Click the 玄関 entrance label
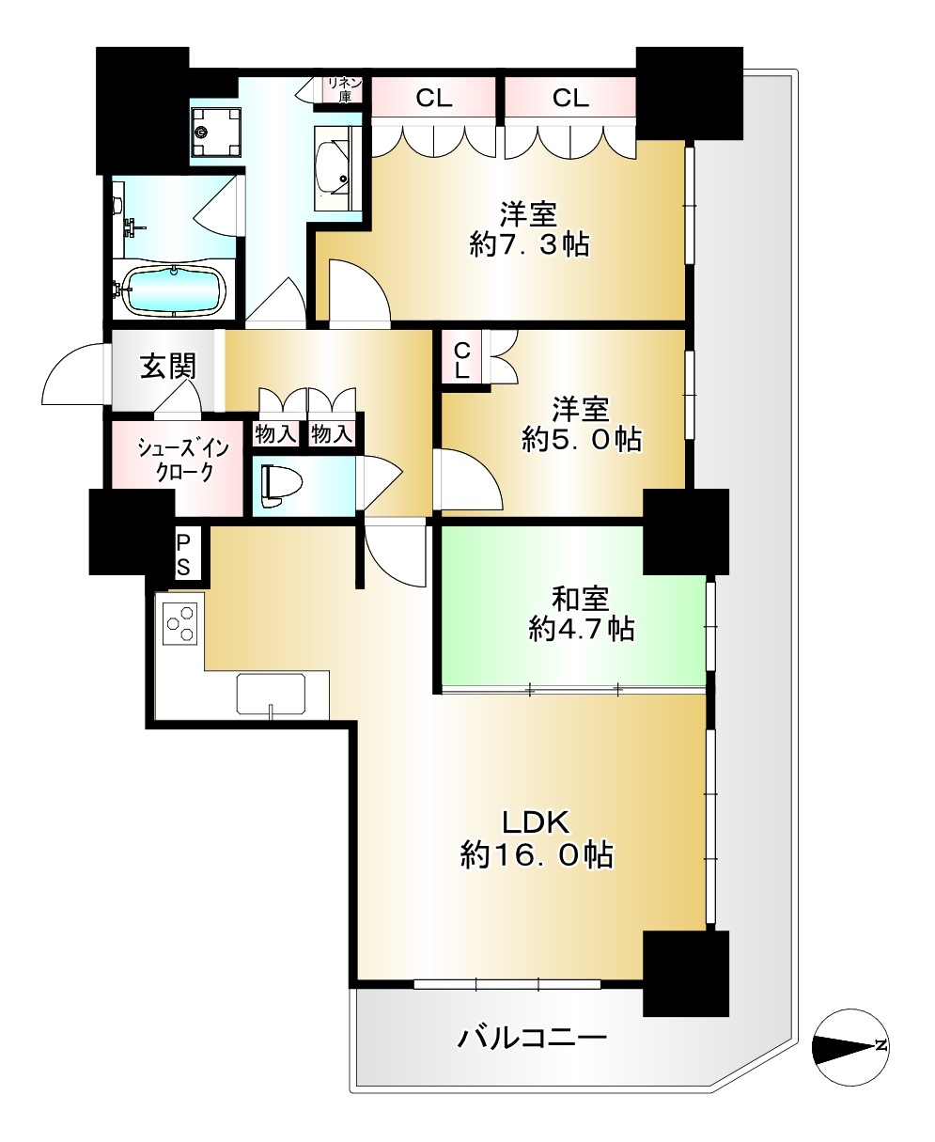[x=168, y=367]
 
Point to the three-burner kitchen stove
[x=180, y=624]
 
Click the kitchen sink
[x=271, y=695]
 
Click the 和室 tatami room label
[x=581, y=600]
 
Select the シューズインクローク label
[x=183, y=461]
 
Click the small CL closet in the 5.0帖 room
[x=461, y=361]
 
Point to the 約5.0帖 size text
[x=582, y=439]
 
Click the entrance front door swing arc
[x=71, y=375]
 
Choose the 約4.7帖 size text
[x=582, y=629]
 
